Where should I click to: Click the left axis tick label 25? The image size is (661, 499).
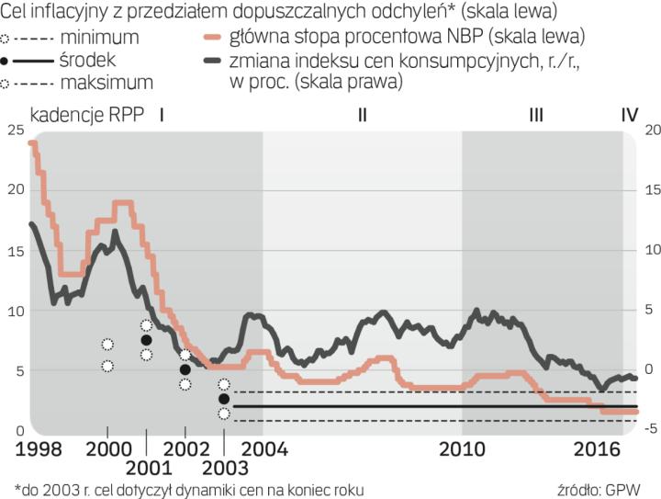point(15,130)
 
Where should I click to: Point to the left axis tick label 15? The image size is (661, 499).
point(15,251)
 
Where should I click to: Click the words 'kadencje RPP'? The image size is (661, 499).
point(87,116)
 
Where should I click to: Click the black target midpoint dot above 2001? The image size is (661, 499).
point(146,340)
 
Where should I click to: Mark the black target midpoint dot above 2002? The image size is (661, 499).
point(185,369)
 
